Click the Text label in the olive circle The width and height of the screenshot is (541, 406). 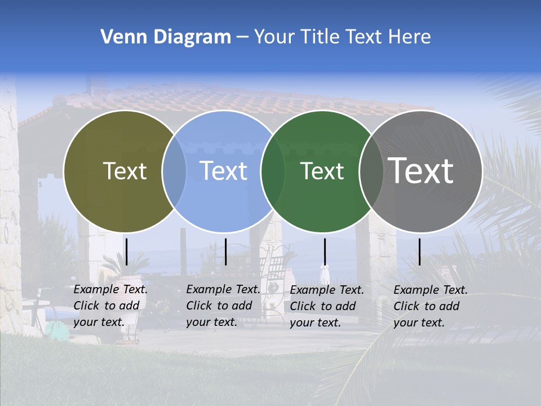[125, 171]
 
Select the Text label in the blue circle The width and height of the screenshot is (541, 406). [223, 171]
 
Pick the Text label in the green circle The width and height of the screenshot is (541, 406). [322, 171]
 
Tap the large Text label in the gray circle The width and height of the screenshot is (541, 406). [421, 170]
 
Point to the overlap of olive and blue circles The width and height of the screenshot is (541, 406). [174, 171]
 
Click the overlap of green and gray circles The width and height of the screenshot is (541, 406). [371, 171]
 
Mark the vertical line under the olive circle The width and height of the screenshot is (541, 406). [127, 251]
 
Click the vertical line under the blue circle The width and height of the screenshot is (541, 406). [225, 251]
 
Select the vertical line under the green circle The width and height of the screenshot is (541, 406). [325, 251]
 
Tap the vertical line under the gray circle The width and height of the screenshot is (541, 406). [419, 251]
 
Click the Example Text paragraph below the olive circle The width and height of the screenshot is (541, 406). [110, 306]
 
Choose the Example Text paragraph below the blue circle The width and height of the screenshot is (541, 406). [223, 306]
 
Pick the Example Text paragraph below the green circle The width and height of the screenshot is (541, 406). [326, 306]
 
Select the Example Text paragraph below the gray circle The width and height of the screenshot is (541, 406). [430, 306]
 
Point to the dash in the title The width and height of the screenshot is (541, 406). [242, 37]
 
